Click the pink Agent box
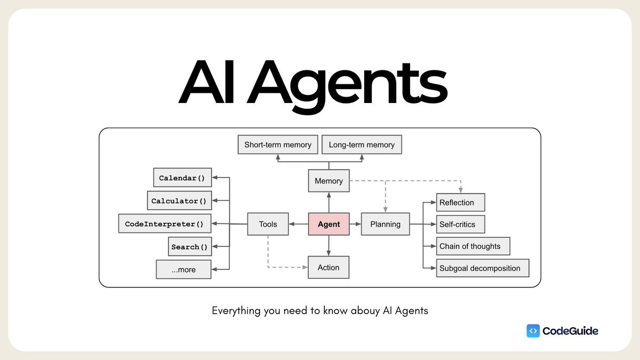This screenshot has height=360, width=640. pyautogui.click(x=329, y=224)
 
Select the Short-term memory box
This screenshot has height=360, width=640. pyautogui.click(x=277, y=145)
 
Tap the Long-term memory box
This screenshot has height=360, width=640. pyautogui.click(x=362, y=145)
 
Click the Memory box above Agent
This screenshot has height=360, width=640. pyautogui.click(x=329, y=181)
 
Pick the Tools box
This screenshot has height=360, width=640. pyautogui.click(x=268, y=224)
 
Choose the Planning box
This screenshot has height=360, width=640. pyautogui.click(x=385, y=224)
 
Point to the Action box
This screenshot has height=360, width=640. pyautogui.click(x=329, y=267)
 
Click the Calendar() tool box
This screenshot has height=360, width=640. pyautogui.click(x=182, y=178)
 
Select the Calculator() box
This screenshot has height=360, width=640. pyautogui.click(x=179, y=201)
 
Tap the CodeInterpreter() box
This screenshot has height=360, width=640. pyautogui.click(x=164, y=224)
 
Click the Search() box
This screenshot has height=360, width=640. pyautogui.click(x=189, y=247)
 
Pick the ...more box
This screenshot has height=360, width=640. pyautogui.click(x=183, y=269)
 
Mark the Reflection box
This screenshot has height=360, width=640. pyautogui.click(x=461, y=203)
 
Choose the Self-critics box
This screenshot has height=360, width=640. pyautogui.click(x=461, y=225)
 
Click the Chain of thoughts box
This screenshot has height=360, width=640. pyautogui.click(x=473, y=246)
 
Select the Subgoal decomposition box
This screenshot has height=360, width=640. pyautogui.click(x=483, y=268)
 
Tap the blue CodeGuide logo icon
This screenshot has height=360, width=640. pyautogui.click(x=533, y=331)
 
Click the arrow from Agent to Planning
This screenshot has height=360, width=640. pyautogui.click(x=355, y=224)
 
